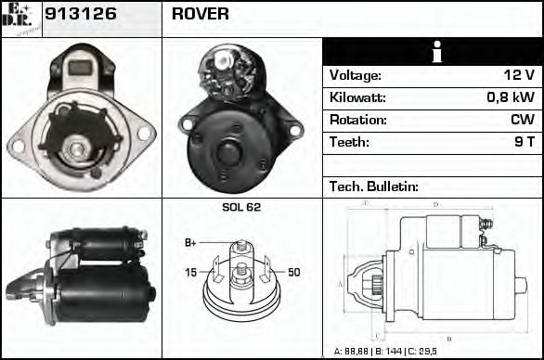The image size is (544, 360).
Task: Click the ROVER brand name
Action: (200, 15)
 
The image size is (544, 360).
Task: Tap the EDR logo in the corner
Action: (20, 18)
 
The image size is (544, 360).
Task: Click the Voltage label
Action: (356, 76)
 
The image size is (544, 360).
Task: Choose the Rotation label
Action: (357, 121)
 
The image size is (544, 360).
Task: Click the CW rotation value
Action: (523, 121)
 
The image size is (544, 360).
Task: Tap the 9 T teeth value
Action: (524, 143)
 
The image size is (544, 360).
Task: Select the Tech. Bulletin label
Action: (374, 186)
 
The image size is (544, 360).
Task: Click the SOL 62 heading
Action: (241, 207)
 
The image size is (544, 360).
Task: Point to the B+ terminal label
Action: (190, 243)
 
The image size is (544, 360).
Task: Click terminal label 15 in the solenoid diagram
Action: (190, 272)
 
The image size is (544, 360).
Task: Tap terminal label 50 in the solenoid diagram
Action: (293, 272)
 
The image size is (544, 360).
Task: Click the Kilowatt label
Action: (357, 98)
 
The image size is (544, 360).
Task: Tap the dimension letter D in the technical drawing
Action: (436, 204)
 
